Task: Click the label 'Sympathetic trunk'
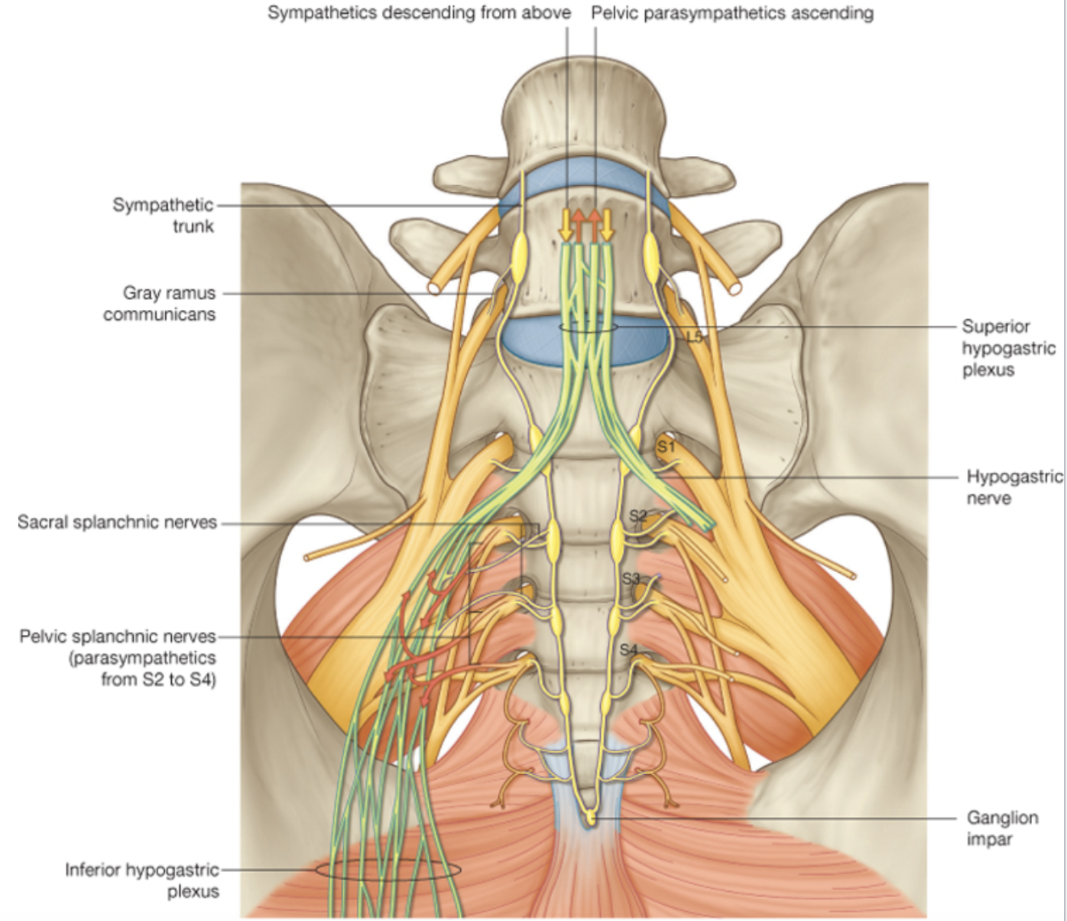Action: pyautogui.click(x=163, y=215)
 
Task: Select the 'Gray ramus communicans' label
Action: pyautogui.click(x=161, y=303)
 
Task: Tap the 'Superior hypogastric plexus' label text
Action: pyautogui.click(x=1007, y=348)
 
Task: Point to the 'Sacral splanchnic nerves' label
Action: pyautogui.click(x=117, y=522)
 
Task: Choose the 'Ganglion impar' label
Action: pyautogui.click(x=1002, y=828)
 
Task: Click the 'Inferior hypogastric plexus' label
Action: pyautogui.click(x=142, y=880)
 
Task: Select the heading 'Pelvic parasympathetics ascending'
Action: pyautogui.click(x=732, y=13)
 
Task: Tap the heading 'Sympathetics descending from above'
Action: pyautogui.click(x=419, y=13)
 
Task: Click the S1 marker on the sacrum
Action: pyautogui.click(x=666, y=446)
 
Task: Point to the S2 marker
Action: pyautogui.click(x=638, y=516)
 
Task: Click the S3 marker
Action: pyautogui.click(x=631, y=579)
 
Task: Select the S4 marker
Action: pyautogui.click(x=628, y=649)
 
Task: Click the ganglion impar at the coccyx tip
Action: pyautogui.click(x=590, y=819)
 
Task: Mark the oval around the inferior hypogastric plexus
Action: pyautogui.click(x=388, y=870)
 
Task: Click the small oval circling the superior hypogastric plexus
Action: pyautogui.click(x=588, y=327)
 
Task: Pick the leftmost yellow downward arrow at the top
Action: pyautogui.click(x=566, y=225)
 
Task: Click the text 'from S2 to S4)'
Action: pyautogui.click(x=159, y=679)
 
